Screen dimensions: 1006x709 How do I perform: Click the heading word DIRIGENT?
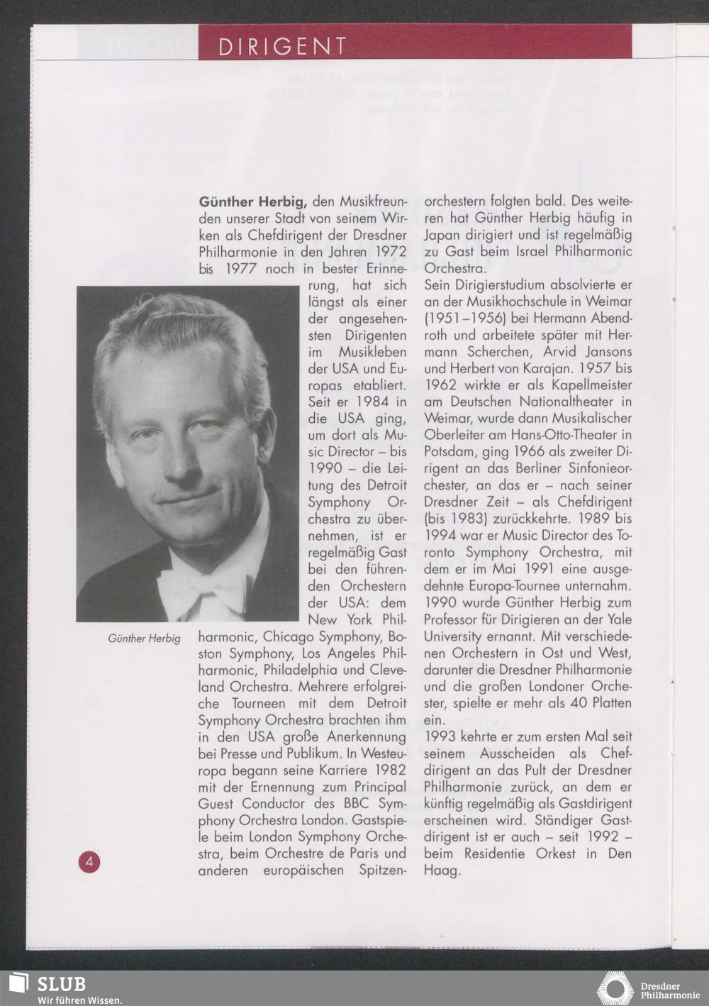(282, 47)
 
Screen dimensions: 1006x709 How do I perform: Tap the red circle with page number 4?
(89, 862)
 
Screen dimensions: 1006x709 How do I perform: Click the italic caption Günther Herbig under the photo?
(144, 639)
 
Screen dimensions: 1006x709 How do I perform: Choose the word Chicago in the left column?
(289, 637)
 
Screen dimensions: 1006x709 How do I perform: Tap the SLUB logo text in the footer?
(61, 984)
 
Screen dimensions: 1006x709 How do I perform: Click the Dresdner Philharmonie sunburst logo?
(614, 989)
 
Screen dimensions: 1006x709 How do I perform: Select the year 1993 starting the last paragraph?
(440, 737)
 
